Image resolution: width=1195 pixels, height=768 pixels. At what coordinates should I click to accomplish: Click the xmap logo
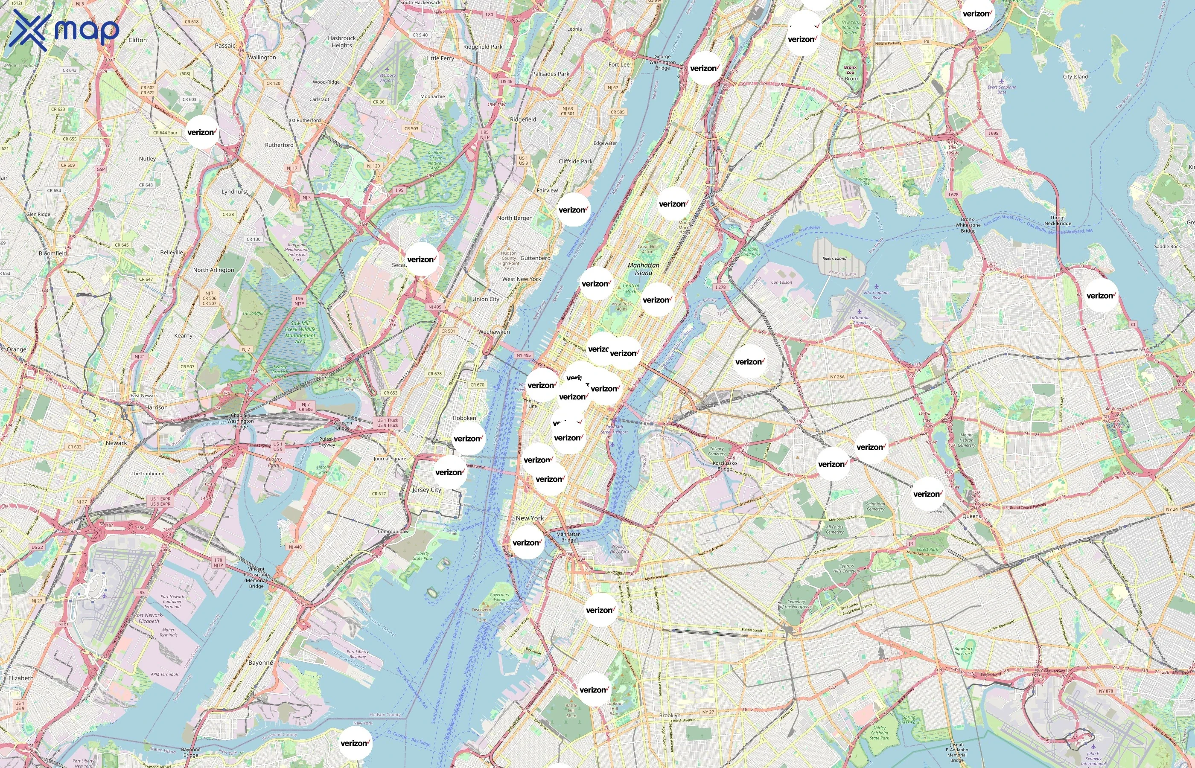click(64, 30)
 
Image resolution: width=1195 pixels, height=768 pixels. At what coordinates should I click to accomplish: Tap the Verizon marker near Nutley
click(202, 132)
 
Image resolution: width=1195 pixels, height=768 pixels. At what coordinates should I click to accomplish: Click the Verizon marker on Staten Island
click(355, 743)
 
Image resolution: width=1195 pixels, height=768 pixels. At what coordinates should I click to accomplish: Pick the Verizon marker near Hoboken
click(468, 438)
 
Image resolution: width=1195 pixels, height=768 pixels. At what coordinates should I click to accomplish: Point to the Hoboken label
click(464, 418)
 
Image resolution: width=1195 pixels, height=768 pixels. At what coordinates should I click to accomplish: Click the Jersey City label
click(426, 490)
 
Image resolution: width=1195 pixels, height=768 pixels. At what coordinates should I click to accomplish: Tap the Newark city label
click(116, 443)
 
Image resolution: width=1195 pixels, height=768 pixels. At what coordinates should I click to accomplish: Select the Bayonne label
click(260, 663)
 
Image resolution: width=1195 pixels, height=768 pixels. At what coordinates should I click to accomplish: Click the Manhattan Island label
click(644, 269)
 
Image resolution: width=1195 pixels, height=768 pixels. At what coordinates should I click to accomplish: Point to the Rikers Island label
click(834, 258)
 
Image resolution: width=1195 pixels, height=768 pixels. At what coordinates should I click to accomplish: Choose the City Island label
click(1075, 76)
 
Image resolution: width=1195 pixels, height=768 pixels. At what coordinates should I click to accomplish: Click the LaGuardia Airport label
click(860, 320)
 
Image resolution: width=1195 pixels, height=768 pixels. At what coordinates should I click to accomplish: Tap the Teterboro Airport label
click(387, 78)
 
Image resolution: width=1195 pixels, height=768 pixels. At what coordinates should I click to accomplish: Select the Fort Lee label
click(619, 64)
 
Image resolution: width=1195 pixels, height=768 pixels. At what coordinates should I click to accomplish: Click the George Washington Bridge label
click(662, 62)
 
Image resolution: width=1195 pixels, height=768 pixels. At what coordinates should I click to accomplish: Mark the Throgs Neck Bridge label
click(1057, 221)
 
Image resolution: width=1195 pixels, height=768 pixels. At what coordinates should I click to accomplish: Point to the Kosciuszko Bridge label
click(725, 466)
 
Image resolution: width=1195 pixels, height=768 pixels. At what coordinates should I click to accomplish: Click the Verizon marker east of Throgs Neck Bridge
click(1101, 296)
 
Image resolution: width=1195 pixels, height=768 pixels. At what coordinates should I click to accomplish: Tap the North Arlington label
click(213, 270)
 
